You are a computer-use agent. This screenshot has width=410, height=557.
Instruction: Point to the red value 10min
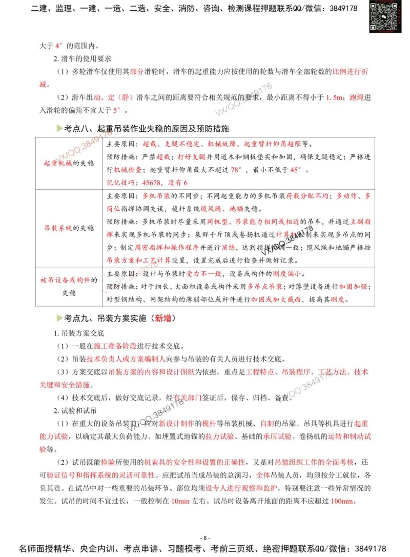click(x=182, y=501)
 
